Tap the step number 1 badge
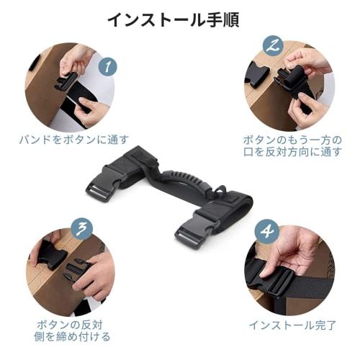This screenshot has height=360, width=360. pos(106,67)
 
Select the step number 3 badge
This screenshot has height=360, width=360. pos(83,228)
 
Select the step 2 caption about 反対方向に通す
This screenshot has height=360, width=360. pos(289,145)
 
